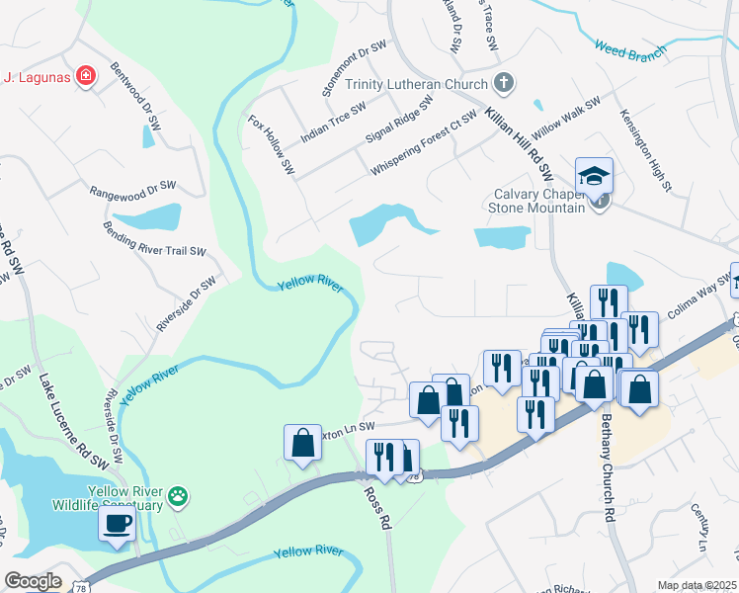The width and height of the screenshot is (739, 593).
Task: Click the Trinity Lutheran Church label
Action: point(416,84)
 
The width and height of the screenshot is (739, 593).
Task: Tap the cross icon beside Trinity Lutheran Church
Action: point(504,82)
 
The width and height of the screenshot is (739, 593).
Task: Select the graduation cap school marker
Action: point(594,176)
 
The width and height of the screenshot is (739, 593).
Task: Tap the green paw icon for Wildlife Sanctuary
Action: point(178,495)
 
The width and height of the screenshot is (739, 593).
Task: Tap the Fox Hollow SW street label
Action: point(272,146)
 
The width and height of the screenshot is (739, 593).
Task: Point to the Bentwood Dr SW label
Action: point(135,88)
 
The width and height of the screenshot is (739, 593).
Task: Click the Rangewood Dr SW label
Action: point(131,188)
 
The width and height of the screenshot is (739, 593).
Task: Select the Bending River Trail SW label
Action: point(154,240)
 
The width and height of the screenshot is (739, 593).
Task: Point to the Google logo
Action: point(33,581)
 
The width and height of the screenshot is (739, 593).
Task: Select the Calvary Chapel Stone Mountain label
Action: point(538,201)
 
